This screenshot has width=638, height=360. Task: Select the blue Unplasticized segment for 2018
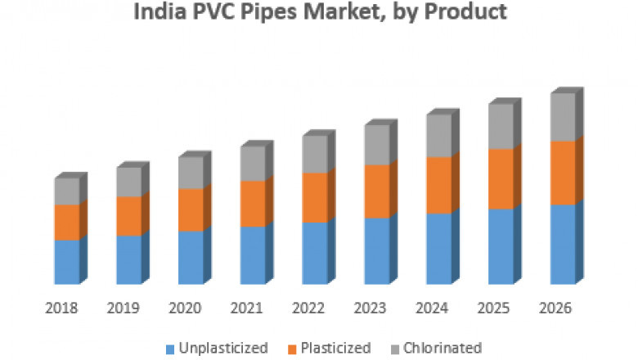pyautogui.click(x=67, y=262)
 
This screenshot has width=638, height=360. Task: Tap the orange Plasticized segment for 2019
pyautogui.click(x=128, y=216)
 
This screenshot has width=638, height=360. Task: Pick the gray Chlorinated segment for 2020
pyautogui.click(x=191, y=173)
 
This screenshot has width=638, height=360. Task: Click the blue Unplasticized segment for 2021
pyautogui.click(x=253, y=254)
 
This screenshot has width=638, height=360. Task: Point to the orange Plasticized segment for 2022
pyautogui.click(x=315, y=197)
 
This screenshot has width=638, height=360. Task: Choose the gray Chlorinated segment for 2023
pyautogui.click(x=377, y=145)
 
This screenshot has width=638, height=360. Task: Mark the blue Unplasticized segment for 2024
pyautogui.click(x=438, y=248)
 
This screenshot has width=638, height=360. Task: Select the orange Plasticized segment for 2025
pyautogui.click(x=501, y=179)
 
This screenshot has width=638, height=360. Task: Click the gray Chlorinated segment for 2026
pyautogui.click(x=563, y=117)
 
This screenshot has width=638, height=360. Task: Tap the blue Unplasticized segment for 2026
pyautogui.click(x=563, y=244)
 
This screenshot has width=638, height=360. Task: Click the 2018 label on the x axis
pyautogui.click(x=62, y=308)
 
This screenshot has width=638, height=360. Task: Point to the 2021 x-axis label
pyautogui.click(x=248, y=308)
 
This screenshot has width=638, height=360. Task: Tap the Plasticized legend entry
pyautogui.click(x=335, y=348)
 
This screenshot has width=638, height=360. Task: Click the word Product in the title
pyautogui.click(x=464, y=12)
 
